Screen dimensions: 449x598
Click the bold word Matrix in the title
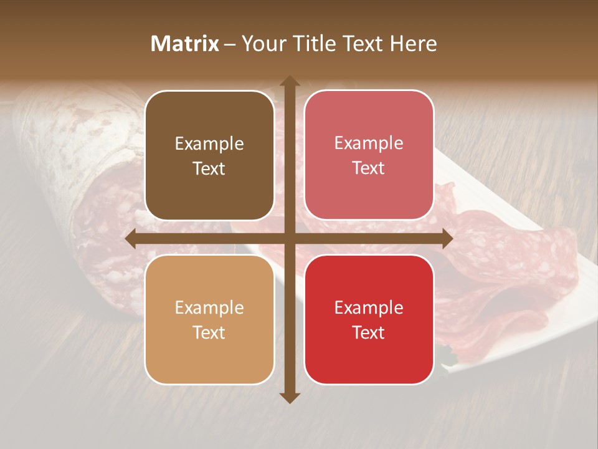[185, 44]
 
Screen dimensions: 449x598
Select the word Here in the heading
[413, 44]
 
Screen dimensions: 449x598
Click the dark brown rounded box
[209, 156]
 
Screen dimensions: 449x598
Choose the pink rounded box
[369, 156]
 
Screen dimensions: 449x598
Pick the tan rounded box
[209, 319]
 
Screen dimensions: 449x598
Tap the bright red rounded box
[369, 319]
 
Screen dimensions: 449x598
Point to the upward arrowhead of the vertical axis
[289, 81]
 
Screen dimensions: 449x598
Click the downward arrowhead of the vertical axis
[289, 397]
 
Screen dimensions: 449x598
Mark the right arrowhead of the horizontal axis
[447, 239]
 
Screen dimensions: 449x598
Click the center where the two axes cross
[289, 239]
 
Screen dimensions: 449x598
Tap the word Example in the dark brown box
[209, 144]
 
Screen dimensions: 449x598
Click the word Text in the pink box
[369, 168]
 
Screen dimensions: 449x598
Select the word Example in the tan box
[209, 308]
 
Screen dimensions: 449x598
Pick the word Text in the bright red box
[369, 332]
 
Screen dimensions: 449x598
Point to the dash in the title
[230, 44]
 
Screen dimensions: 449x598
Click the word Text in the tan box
[209, 332]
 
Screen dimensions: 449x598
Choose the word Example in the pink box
[369, 143]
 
